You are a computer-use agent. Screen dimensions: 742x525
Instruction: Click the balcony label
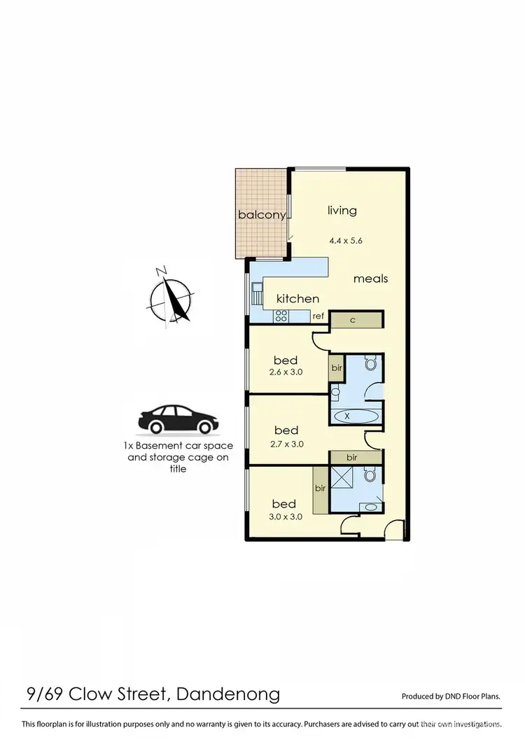tap(261, 215)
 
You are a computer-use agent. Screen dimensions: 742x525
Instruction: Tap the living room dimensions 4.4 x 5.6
tap(346, 241)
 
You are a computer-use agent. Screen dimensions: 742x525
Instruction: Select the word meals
tap(370, 279)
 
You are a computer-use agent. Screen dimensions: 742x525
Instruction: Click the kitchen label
tap(297, 299)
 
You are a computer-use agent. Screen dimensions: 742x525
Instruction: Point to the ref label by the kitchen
tap(318, 316)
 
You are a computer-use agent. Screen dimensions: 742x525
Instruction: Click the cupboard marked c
tap(353, 319)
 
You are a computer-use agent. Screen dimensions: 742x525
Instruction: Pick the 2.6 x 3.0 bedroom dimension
tap(285, 372)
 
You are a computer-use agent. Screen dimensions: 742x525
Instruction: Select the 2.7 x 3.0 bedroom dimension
tap(286, 443)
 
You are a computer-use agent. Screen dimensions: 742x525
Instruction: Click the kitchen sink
tap(257, 294)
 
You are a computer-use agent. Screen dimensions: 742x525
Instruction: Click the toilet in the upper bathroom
tap(371, 363)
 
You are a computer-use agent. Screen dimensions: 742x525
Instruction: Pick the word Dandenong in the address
tap(228, 694)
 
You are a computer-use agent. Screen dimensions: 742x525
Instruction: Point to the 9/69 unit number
tap(44, 694)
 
